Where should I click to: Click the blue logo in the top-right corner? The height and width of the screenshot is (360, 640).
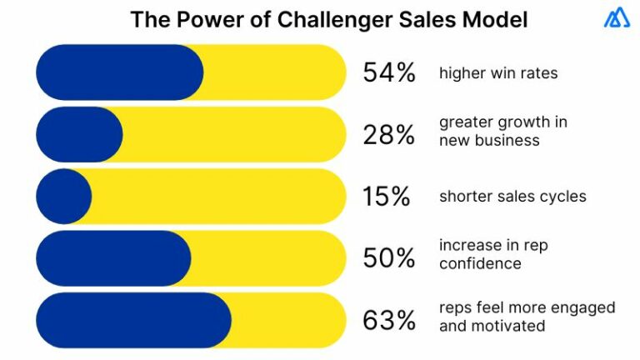[617, 18]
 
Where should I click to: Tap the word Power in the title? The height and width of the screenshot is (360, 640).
[204, 19]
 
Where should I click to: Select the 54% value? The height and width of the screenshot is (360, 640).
[388, 73]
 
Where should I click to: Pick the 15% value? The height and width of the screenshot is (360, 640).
[386, 197]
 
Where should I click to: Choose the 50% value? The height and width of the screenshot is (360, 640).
[388, 258]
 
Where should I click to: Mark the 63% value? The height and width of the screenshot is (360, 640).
[388, 320]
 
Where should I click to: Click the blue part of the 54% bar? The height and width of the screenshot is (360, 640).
[119, 73]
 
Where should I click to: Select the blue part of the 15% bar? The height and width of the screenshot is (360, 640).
[63, 197]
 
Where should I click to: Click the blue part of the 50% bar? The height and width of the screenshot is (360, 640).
[113, 258]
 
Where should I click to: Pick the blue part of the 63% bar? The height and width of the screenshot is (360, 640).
[133, 320]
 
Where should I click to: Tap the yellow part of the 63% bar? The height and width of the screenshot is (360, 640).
[288, 320]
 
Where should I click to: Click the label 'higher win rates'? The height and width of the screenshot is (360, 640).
[497, 73]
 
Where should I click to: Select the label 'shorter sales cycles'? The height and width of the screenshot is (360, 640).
[512, 197]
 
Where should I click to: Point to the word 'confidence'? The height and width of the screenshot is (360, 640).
[480, 264]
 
